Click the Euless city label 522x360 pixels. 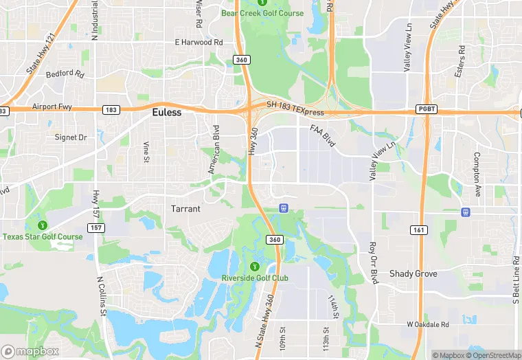tap(166, 113)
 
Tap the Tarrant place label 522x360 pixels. tap(185, 209)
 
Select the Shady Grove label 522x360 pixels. tap(413, 273)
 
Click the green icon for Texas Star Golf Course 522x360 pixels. tap(43, 224)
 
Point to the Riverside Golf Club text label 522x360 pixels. tap(255, 278)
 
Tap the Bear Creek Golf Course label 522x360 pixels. tap(262, 13)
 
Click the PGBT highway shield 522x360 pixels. tap(426, 109)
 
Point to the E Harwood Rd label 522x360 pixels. tap(199, 43)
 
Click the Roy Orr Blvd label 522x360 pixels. tap(374, 262)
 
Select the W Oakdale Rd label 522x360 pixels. tap(427, 324)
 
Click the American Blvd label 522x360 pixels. tap(214, 149)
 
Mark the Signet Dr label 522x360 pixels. tap(71, 137)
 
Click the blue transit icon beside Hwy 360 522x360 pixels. tap(283, 207)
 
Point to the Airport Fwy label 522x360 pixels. tap(51, 108)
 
